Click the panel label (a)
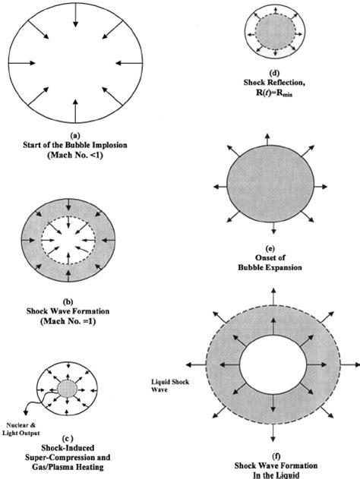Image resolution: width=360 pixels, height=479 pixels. (75, 134)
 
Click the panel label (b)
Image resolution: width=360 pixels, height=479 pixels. (68, 302)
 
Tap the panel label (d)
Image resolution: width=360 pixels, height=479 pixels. (274, 73)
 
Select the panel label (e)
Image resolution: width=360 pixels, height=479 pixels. (271, 248)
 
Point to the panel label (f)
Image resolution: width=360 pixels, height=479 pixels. (276, 456)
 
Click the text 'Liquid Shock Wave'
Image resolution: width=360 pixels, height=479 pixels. (170, 386)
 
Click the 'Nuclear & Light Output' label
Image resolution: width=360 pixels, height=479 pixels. (21, 429)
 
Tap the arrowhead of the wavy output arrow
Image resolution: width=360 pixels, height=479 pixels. (26, 412)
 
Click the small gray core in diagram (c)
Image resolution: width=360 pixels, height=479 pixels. (67, 389)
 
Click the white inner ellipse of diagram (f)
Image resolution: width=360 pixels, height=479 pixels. (273, 364)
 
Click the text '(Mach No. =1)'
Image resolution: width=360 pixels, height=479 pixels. (68, 321)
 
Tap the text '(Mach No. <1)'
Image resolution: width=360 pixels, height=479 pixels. (75, 155)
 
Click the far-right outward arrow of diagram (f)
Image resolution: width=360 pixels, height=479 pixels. (350, 364)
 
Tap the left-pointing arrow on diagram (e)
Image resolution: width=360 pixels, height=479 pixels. (220, 187)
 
